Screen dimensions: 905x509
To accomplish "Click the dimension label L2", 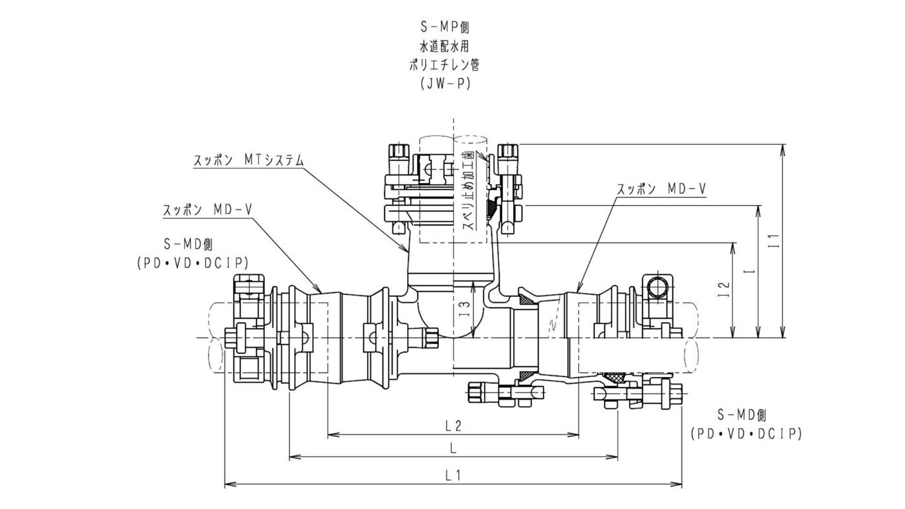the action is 453,426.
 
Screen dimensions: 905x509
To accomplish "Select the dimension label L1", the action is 453,475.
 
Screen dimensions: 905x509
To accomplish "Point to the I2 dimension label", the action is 725,290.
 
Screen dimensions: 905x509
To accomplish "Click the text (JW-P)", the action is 445,83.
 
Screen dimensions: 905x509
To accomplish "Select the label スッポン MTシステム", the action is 248,160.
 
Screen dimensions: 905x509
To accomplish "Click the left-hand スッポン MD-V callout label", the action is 208,210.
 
